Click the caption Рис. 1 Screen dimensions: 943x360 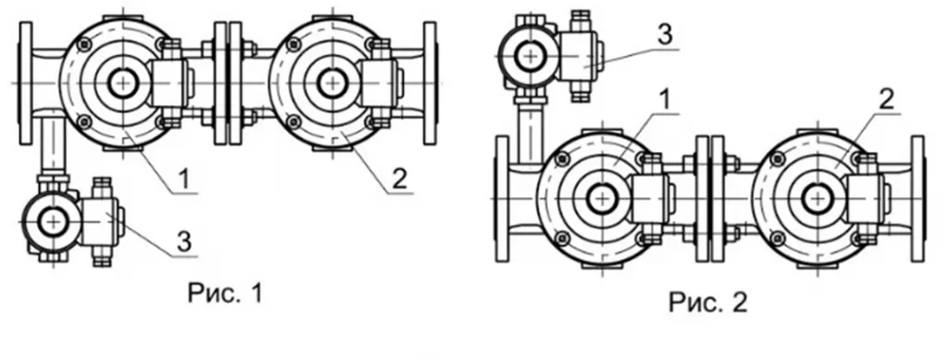pos(225,294)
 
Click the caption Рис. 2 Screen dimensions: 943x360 pos(708,302)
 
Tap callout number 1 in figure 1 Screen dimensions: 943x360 pos(185,179)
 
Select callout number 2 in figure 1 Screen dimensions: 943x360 pos(400,179)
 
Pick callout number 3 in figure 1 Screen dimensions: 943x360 pos(184,241)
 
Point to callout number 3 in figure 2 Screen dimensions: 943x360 pos(665,35)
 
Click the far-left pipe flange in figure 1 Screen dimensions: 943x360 pos(25,83)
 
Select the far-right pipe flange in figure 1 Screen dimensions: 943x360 pos(429,83)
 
